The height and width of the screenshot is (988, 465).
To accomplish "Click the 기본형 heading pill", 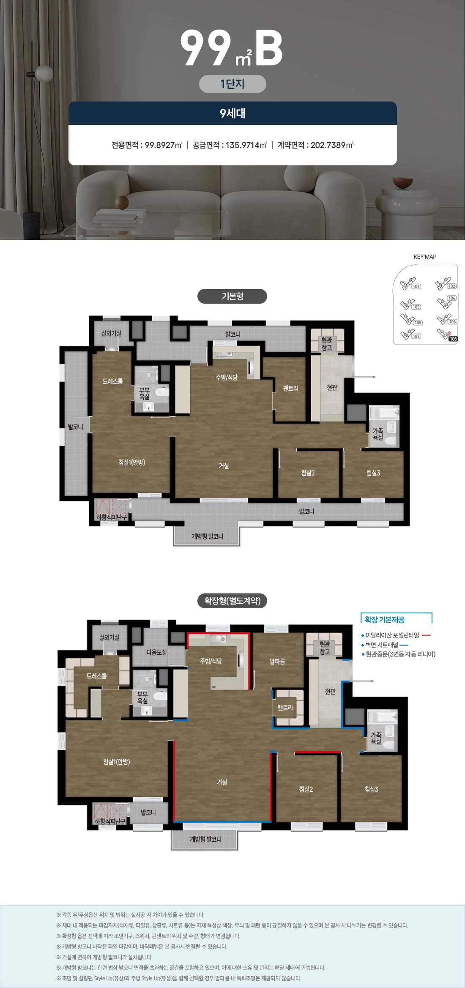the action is pos(232,296).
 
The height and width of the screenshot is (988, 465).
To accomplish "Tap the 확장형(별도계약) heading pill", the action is pos(232,601).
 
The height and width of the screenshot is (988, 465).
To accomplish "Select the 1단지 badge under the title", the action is pos(232,84).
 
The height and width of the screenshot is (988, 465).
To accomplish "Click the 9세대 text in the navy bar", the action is pos(232,113).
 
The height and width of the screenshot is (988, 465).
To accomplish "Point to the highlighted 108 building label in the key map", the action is pos(453,339).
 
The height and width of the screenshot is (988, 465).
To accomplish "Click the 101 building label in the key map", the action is pos(416,286).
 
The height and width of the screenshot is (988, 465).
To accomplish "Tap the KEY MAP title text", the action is pos(425,257).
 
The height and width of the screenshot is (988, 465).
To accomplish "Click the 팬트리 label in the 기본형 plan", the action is pos(291,388).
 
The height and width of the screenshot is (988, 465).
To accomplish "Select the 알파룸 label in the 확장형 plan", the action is pos(277,661).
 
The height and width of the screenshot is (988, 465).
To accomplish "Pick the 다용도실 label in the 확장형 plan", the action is pos(156,652).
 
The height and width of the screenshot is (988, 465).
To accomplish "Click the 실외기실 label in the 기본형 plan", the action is pos(111,333).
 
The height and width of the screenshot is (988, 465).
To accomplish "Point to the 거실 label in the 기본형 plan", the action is pos(224,466).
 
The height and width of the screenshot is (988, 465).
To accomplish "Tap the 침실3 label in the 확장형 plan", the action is pos(372,789).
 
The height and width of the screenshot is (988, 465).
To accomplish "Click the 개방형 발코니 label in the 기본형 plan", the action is pos(207,536).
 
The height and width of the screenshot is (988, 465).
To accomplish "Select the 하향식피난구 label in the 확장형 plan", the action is pos(110,821).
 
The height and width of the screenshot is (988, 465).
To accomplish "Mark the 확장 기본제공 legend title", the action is pos(385,620).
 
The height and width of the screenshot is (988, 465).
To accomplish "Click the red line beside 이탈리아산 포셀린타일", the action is pos(426,635).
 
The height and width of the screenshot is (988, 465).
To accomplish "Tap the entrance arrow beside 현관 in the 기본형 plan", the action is pos(364,377).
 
